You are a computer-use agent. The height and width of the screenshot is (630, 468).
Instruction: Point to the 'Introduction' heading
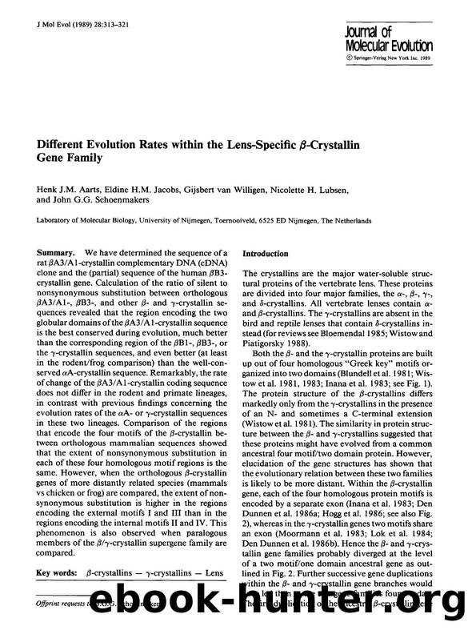(265, 254)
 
